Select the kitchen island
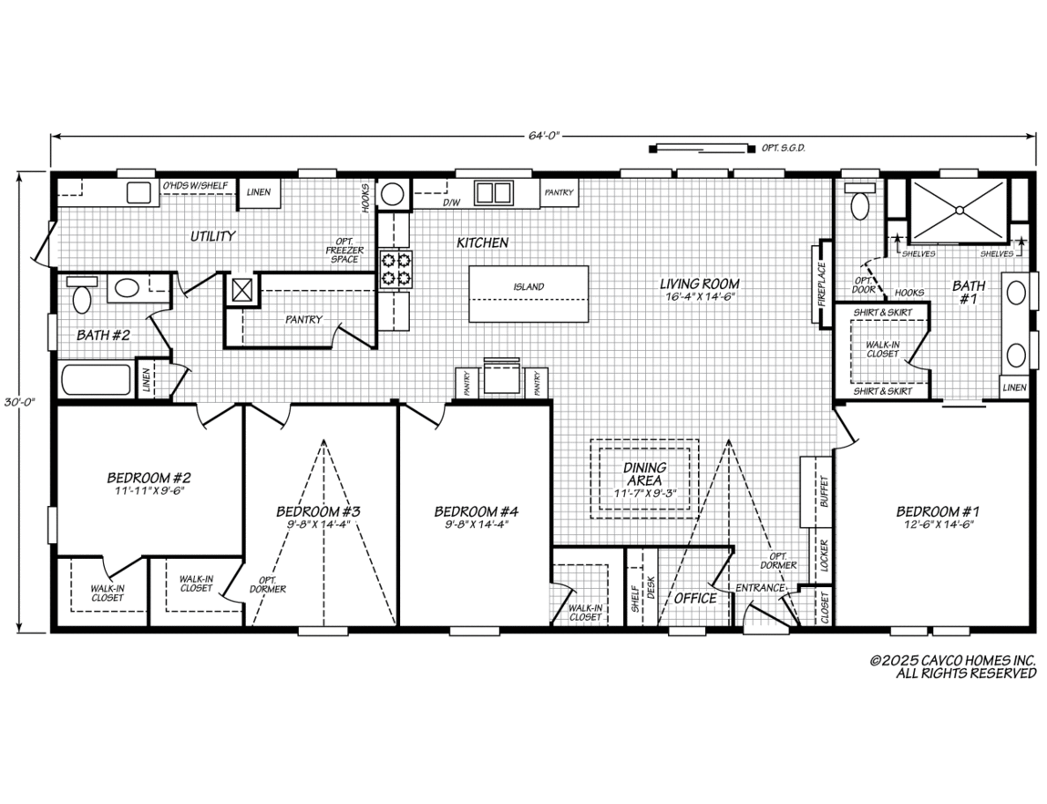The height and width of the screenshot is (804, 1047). pos(529,294)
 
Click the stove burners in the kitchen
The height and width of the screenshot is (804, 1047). pos(395,270)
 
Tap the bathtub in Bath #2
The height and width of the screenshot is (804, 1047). pos(97,381)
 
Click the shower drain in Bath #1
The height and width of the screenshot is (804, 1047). pos(959,211)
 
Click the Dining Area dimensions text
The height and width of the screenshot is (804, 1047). pos(645,493)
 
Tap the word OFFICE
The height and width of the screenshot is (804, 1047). pos(695,598)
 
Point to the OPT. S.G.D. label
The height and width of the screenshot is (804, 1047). pos(784,149)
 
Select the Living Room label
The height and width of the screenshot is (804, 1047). pos(699,283)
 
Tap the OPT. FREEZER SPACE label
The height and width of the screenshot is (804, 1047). pos(344,250)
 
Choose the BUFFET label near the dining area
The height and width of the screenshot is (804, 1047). pos(824,491)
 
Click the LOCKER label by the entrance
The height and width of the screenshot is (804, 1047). pos(824,555)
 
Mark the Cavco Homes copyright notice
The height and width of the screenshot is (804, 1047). pos(953,666)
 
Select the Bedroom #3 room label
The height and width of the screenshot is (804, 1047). pos(319,511)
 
